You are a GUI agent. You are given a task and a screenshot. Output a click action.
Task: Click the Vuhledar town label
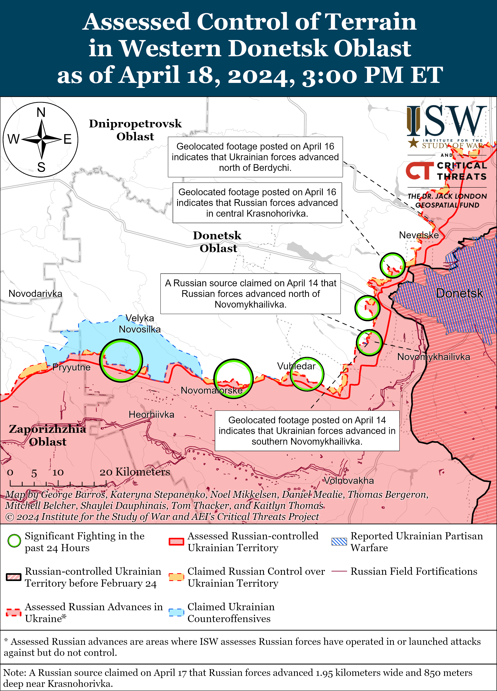click(296, 366)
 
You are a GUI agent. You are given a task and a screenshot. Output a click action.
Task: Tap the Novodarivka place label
click(35, 293)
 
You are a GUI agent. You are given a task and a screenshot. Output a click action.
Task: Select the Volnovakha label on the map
click(349, 481)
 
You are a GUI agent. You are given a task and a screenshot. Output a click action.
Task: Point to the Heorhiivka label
click(151, 414)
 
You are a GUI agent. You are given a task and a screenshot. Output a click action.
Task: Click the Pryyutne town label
click(71, 367)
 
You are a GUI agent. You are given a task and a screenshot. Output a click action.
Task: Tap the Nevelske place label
click(419, 235)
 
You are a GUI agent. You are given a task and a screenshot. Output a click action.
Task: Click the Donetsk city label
click(459, 293)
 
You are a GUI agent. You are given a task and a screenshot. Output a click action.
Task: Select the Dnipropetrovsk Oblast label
click(135, 130)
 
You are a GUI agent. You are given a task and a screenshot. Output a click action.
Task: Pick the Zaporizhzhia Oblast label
click(48, 435)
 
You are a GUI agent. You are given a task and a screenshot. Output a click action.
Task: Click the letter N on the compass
click(41, 113)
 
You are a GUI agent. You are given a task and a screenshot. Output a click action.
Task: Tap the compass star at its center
click(41, 139)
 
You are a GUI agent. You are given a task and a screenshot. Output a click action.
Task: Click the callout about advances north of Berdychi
click(255, 157)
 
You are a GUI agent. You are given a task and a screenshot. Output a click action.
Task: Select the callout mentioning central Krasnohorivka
click(257, 203)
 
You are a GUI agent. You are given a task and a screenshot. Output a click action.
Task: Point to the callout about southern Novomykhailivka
click(307, 430)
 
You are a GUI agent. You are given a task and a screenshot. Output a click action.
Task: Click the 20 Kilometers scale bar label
click(135, 472)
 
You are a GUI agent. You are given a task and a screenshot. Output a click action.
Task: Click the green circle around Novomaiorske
click(233, 379)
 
